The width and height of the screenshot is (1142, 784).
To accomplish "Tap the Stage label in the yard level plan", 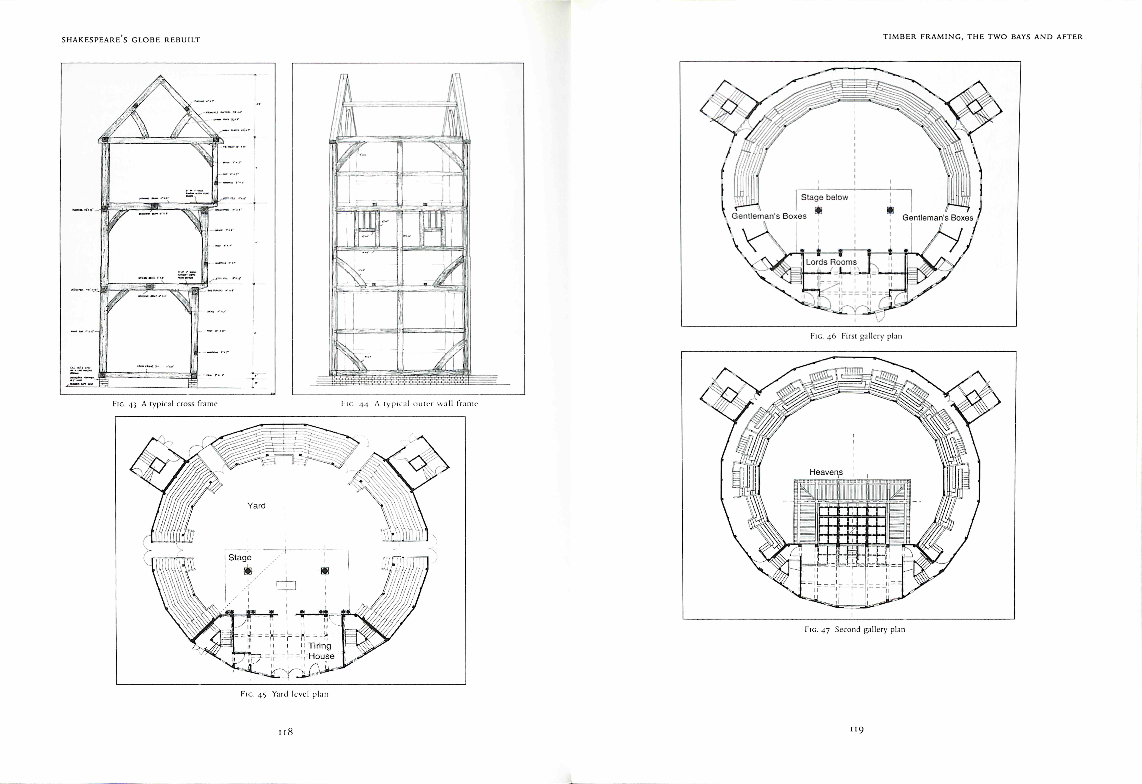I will pos(240,557).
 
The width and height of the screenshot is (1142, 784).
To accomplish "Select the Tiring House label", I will pos(321,651).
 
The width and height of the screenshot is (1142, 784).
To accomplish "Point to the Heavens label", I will pos(826,472).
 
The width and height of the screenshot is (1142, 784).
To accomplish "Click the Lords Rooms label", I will pos(831,262).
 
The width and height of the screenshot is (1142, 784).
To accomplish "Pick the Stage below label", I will pos(825,197).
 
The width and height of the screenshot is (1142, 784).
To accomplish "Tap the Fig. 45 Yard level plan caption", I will pos(284,694).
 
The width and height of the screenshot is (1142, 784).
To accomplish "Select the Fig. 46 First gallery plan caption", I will pos(856,336).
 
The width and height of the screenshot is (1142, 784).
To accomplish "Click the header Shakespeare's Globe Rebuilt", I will pos(131,40).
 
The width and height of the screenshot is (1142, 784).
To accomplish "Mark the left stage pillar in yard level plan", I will pos(248,571).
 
